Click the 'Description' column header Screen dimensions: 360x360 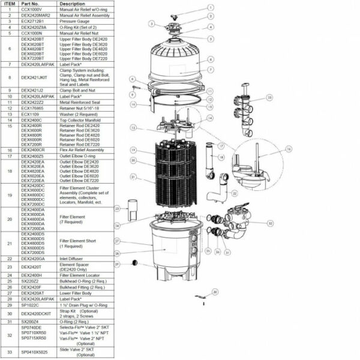click(72, 4)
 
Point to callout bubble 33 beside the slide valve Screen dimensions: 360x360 click(270, 97)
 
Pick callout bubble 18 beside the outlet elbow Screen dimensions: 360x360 click(221, 157)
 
